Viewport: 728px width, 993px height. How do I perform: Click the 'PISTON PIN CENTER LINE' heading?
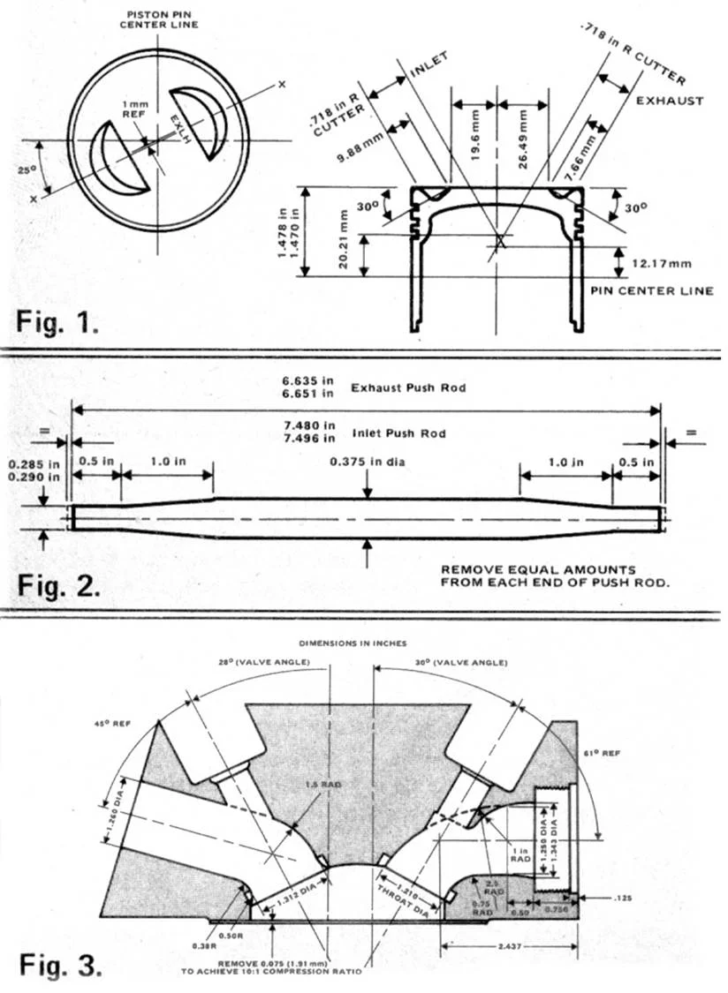158,19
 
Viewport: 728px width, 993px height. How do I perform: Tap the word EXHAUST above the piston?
670,101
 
